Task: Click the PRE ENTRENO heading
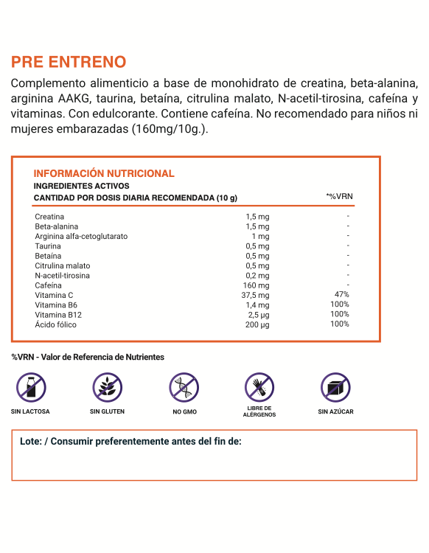[69, 62]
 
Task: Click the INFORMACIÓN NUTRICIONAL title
[104, 173]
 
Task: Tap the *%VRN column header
[340, 197]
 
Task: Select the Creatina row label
[49, 217]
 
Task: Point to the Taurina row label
[48, 246]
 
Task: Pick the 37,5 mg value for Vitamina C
[256, 295]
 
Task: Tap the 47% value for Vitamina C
[341, 295]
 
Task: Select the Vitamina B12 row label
[58, 315]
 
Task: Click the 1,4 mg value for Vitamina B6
[258, 305]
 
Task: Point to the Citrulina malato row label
[63, 265]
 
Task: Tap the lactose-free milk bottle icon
[30, 386]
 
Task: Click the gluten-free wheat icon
[107, 386]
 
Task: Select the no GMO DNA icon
[184, 386]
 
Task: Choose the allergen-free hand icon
[259, 386]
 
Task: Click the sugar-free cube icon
[335, 386]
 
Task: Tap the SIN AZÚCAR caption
[335, 411]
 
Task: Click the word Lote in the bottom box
[30, 442]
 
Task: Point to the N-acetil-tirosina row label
[63, 276]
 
